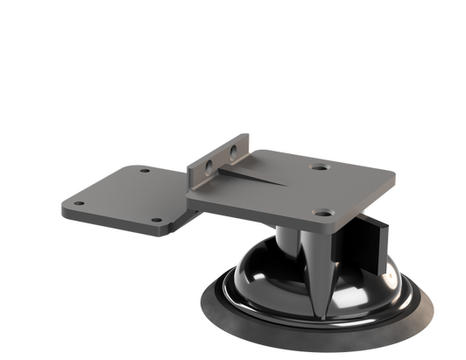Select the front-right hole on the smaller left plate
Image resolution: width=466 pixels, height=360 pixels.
156,219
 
